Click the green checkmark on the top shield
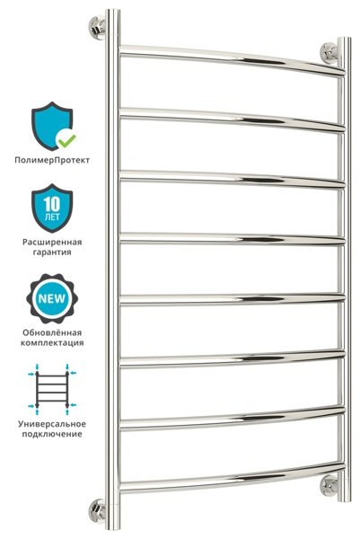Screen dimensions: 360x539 tap(66, 139)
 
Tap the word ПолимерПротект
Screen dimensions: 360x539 tap(52, 160)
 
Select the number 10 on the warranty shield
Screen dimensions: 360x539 tap(52, 204)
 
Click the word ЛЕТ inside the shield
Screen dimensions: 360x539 tap(52, 216)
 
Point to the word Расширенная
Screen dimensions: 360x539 tap(52, 242)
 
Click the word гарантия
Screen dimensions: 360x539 tap(52, 252)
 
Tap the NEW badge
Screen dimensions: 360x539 tap(52, 298)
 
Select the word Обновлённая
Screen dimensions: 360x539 tap(52, 332)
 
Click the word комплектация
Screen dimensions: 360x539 tap(52, 343)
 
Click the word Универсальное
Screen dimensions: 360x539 tap(52, 424)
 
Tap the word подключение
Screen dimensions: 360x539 tap(52, 434)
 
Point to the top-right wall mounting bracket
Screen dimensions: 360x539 tap(329, 53)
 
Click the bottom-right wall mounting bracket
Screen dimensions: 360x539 tap(329, 486)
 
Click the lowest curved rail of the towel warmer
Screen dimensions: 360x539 tap(233, 479)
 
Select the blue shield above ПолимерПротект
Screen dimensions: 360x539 tap(52, 126)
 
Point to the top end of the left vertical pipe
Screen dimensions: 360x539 tap(113, 10)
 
